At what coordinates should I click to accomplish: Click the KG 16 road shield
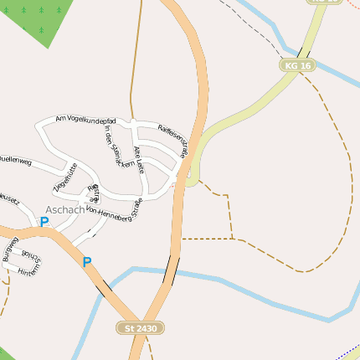tap(297, 64)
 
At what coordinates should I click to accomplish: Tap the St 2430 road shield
tap(139, 328)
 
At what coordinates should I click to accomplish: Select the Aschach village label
tap(65, 209)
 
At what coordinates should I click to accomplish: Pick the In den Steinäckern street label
tap(118, 150)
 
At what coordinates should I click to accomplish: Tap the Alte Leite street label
tap(139, 159)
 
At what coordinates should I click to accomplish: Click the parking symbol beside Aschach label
tap(44, 222)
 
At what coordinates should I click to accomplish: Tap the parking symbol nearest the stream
tap(86, 262)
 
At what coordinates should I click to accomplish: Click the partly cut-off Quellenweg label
tap(15, 159)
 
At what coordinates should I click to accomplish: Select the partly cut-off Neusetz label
tap(8, 198)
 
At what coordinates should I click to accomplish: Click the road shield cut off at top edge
tap(323, 2)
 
